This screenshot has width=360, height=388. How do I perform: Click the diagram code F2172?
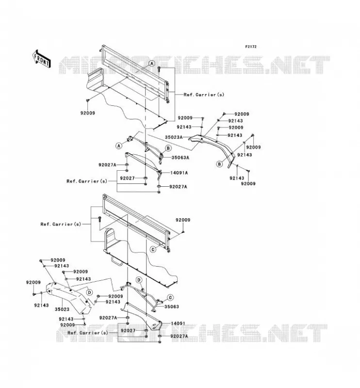coord(251,47)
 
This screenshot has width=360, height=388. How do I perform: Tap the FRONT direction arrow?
coord(42,59)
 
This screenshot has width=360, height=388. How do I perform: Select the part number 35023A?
coord(174,137)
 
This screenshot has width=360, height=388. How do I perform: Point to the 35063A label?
coord(180,157)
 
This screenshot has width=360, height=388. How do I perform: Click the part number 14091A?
coord(179,173)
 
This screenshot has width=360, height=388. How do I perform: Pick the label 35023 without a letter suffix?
coord(62,309)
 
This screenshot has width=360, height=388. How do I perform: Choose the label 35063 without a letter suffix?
coord(172,307)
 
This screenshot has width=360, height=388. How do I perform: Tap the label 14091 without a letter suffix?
coord(178,323)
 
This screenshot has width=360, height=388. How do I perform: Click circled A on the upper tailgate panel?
coord(152,64)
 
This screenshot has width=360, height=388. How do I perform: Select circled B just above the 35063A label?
coord(168,148)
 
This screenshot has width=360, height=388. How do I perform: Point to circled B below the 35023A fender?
coord(219,164)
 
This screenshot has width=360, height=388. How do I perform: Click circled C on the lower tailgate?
coord(153,249)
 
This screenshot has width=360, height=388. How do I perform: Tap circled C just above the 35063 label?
coord(170,297)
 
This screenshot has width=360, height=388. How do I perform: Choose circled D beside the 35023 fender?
coord(89,292)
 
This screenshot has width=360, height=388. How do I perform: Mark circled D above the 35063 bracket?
coord(139,280)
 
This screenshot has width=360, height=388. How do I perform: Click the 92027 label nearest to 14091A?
coord(127,178)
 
